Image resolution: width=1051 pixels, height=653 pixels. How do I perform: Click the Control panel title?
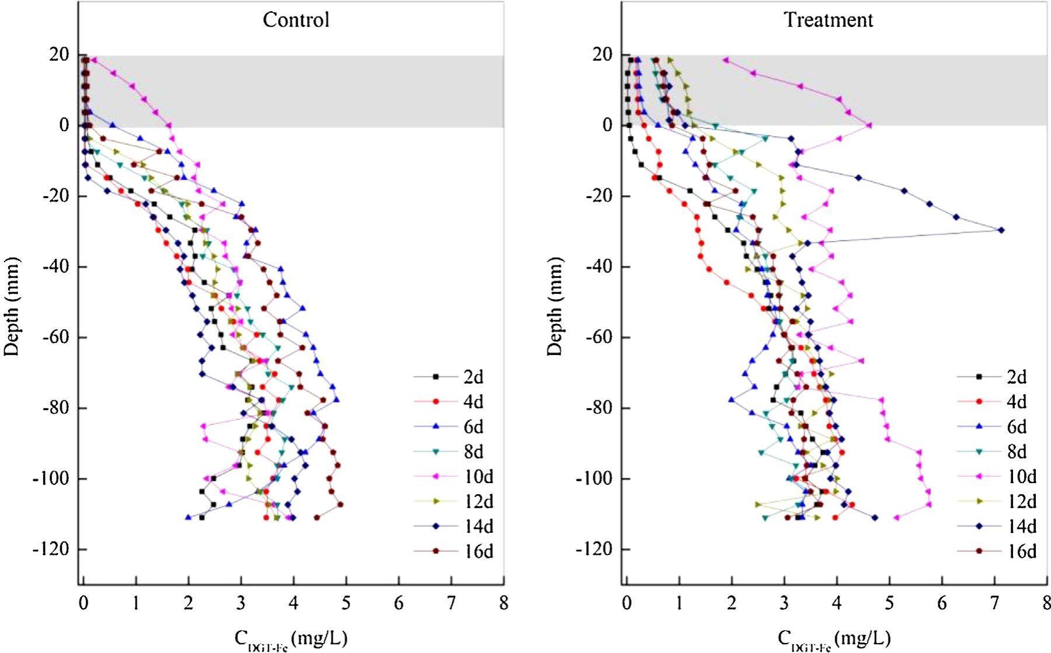[296, 20]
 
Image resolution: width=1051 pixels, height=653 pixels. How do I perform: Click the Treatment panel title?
[828, 20]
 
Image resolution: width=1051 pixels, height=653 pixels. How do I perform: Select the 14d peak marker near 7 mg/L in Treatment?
[1001, 230]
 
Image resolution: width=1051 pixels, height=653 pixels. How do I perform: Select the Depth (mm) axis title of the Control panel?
[12, 306]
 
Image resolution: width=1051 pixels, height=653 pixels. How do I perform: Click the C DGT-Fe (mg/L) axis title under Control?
[291, 638]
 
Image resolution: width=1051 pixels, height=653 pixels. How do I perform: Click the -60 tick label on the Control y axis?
[56, 338]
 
